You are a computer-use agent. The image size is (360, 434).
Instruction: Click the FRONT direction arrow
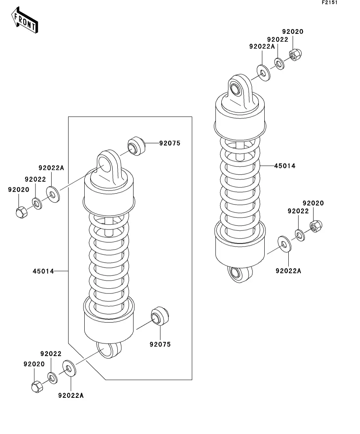pyautogui.click(x=24, y=20)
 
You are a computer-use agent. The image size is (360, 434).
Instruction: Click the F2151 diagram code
pyautogui.click(x=330, y=2)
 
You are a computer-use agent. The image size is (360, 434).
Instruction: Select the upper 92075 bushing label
pyautogui.click(x=170, y=143)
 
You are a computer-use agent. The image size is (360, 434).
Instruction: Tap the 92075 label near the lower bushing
pyautogui.click(x=160, y=344)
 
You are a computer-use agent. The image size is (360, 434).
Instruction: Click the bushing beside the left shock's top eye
pyautogui.click(x=136, y=146)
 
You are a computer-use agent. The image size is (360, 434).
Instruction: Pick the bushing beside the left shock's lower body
pyautogui.click(x=160, y=316)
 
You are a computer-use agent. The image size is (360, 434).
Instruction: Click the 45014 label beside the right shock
pyautogui.click(x=285, y=166)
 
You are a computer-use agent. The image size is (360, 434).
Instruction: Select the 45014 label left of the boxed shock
pyautogui.click(x=43, y=271)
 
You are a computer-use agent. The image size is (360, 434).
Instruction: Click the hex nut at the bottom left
pyautogui.click(x=37, y=387)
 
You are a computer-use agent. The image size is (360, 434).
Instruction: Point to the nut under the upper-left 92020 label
pyautogui.click(x=21, y=212)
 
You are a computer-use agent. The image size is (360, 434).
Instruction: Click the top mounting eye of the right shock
pyautogui.click(x=240, y=89)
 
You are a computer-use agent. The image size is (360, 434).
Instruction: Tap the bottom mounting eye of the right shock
pyautogui.click(x=240, y=274)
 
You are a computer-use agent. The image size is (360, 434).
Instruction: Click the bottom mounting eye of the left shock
pyautogui.click(x=109, y=350)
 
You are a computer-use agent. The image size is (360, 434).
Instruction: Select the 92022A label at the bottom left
pyautogui.click(x=71, y=395)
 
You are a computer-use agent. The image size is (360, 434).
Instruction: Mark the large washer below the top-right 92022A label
pyautogui.click(x=263, y=73)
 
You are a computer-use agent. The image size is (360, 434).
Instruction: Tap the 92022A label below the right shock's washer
pyautogui.click(x=288, y=271)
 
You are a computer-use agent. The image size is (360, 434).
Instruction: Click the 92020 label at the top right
pyautogui.click(x=293, y=31)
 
